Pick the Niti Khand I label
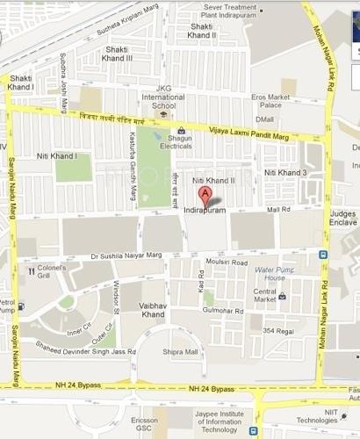[57, 155]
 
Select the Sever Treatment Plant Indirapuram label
[229, 10]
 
